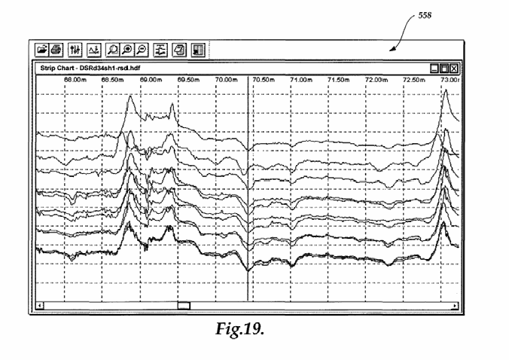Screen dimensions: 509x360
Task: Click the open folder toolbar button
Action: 41,50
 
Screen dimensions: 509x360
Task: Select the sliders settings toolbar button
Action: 75,50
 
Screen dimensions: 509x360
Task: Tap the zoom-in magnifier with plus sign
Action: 127,50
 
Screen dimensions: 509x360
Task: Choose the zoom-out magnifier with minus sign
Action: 142,50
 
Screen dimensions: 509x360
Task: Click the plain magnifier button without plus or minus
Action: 113,50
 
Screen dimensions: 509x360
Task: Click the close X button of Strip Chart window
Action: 454,69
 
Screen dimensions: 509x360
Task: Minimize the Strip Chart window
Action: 434,69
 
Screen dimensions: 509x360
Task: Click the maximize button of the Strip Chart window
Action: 443,69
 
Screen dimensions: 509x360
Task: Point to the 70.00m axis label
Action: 226,80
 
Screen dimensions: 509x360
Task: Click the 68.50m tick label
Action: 113,80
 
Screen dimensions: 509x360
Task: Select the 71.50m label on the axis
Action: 339,80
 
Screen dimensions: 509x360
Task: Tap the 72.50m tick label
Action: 414,80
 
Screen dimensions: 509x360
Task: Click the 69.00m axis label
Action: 151,80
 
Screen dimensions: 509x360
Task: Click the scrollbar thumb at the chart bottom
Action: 184,306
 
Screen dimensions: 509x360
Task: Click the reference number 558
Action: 425,16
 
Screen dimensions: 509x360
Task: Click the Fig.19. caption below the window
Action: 240,329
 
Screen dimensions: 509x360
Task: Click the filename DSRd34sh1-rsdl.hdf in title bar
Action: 110,68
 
